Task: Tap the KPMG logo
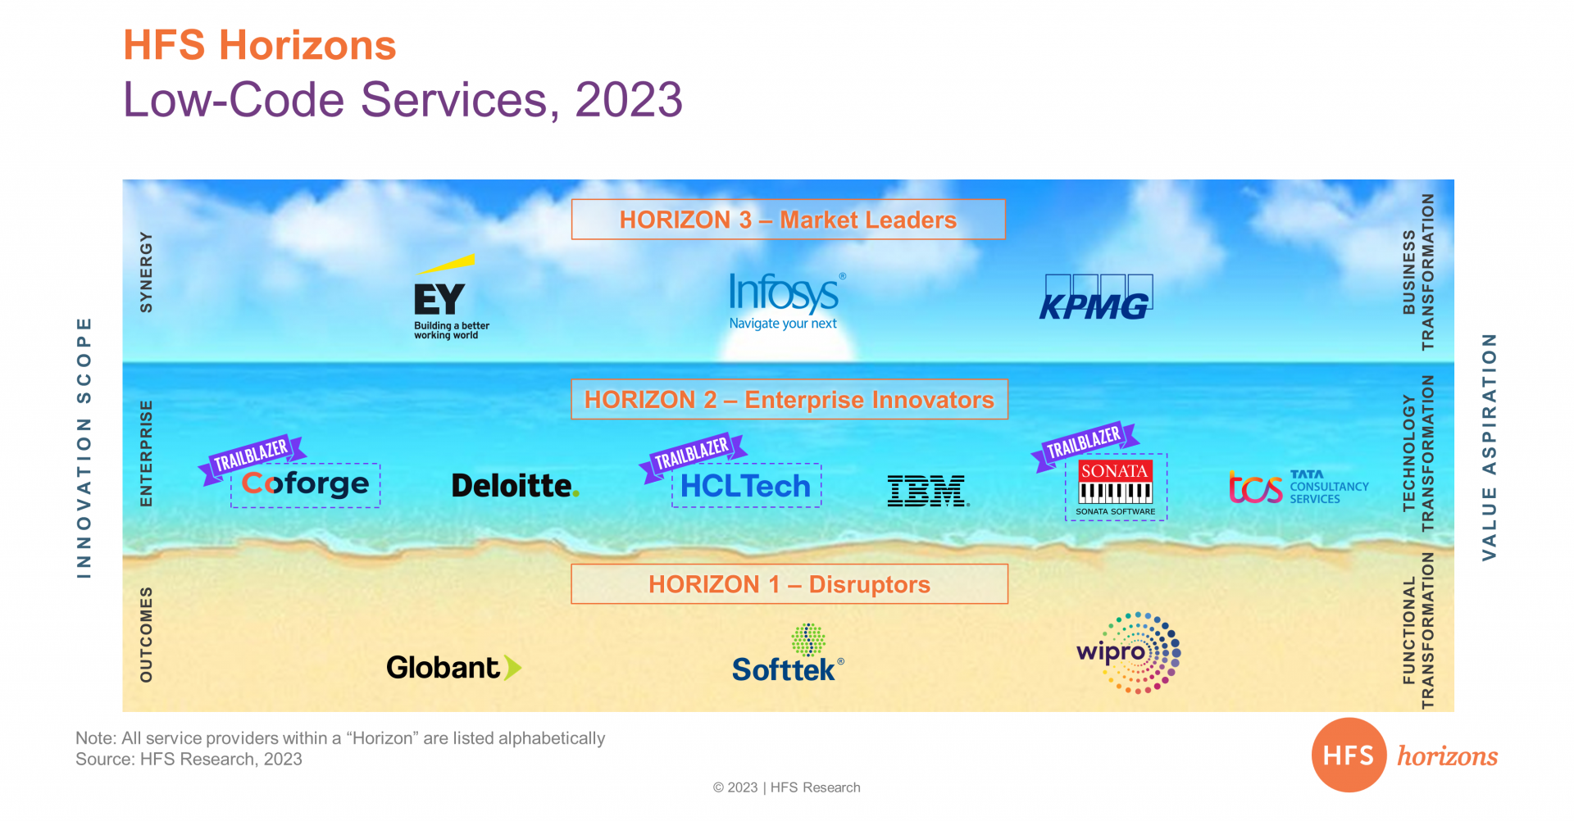1096,297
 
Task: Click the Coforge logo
306,484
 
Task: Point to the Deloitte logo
516,486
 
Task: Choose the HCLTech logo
745,486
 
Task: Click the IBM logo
928,491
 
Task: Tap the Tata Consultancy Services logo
1299,487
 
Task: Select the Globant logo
453,668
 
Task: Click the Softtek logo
788,653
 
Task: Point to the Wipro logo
1129,653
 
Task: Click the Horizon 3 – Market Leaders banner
789,220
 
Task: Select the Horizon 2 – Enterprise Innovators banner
789,399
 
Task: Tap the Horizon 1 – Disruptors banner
789,584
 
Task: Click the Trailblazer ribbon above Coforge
252,458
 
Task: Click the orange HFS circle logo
1349,755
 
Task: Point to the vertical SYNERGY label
146,272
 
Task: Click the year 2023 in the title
629,100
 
